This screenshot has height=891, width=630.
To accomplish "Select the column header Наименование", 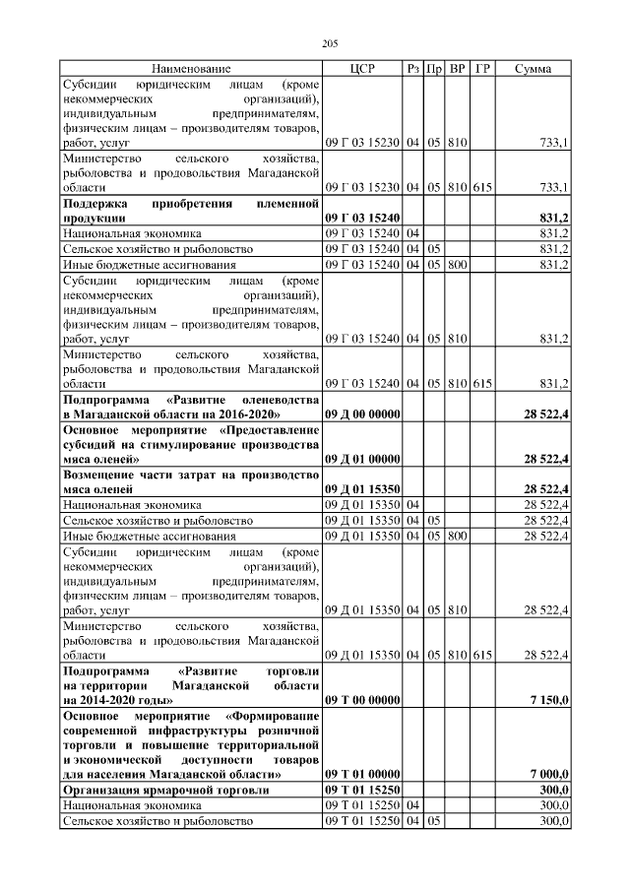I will tap(191, 69).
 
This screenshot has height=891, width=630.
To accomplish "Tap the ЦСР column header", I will tap(362, 69).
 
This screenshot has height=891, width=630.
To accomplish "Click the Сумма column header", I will tap(533, 69).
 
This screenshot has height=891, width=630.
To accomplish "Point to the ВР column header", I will tap(458, 69).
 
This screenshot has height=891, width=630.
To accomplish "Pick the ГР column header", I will tap(482, 69).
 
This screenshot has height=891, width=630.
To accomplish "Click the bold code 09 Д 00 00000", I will tap(362, 414).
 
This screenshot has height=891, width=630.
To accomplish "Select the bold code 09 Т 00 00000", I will tap(362, 699).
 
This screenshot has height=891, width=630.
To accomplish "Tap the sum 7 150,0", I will tap(544, 699).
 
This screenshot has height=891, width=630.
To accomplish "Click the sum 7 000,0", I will tap(544, 775).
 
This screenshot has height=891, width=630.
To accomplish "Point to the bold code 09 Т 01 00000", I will tap(362, 775).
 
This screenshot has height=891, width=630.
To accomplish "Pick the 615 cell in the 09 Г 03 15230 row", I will tap(482, 187).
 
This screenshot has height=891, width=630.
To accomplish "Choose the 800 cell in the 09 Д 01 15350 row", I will tap(457, 536).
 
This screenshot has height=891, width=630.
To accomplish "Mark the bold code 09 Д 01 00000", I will tap(362, 459).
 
